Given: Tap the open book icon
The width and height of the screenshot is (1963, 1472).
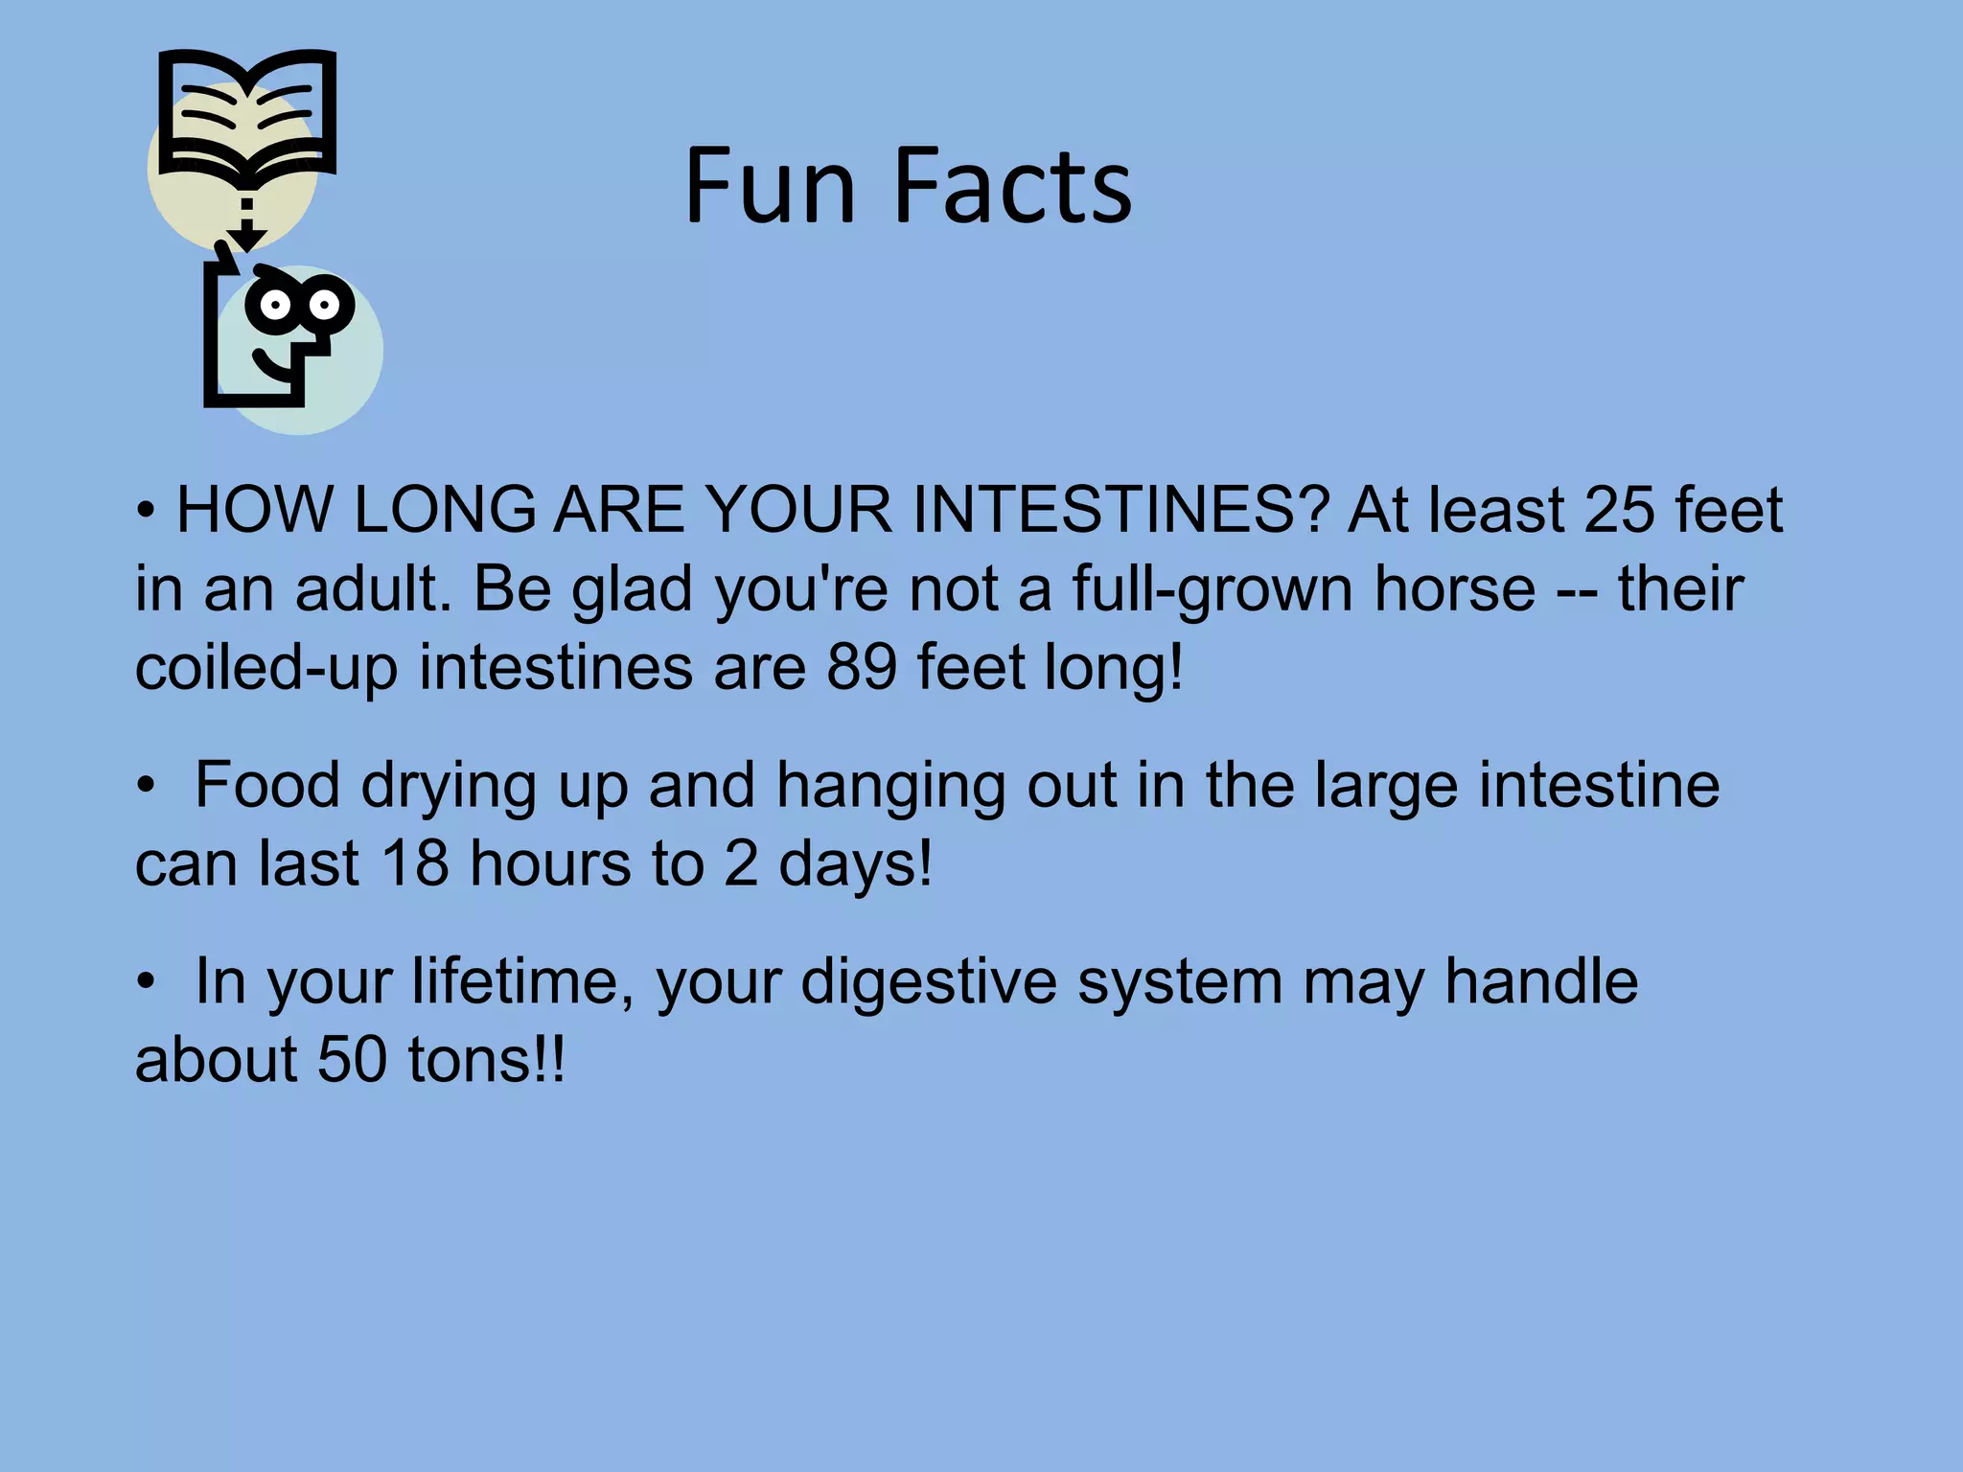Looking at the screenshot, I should click(x=247, y=115).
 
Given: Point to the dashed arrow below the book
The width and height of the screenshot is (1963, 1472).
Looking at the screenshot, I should click(x=246, y=225).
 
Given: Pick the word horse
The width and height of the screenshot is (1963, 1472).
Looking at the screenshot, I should click(x=1455, y=588).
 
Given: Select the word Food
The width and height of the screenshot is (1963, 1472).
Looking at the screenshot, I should click(x=267, y=786).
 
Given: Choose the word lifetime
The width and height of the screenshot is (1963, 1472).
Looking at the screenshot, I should click(x=522, y=982).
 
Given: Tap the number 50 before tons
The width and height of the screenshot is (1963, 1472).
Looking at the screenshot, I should click(x=352, y=1061).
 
